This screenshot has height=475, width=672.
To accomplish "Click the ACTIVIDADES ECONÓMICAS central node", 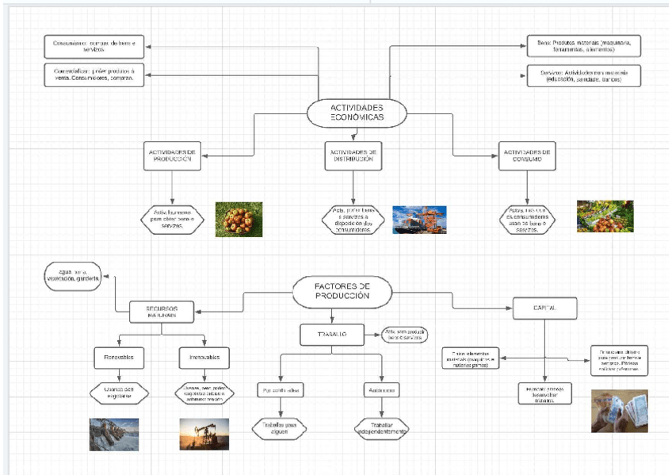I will (x=357, y=113).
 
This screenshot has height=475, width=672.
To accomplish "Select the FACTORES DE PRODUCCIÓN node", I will (x=342, y=291).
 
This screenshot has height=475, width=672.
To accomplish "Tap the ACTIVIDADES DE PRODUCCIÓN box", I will (x=173, y=156).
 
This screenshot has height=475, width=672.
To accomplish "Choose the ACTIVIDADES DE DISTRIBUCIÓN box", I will (x=353, y=155).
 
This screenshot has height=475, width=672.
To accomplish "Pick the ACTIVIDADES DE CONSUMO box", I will (x=526, y=156).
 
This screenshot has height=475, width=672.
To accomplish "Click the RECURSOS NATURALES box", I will (x=162, y=312).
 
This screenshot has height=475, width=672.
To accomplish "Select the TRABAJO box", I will (x=333, y=335).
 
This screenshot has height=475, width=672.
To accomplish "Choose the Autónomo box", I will (x=382, y=390).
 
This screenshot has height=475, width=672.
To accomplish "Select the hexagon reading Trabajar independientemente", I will (x=382, y=428).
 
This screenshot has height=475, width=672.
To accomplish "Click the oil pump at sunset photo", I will (x=204, y=434).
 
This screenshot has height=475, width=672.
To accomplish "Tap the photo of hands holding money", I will (x=619, y=411).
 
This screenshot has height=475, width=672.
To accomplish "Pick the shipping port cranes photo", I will (x=419, y=220).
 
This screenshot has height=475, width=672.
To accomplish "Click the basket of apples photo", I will (x=239, y=219).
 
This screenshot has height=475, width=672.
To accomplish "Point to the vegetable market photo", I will (x=605, y=216).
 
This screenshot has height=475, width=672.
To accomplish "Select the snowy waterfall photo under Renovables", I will (x=114, y=434).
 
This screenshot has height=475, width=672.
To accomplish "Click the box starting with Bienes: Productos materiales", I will (x=583, y=45).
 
